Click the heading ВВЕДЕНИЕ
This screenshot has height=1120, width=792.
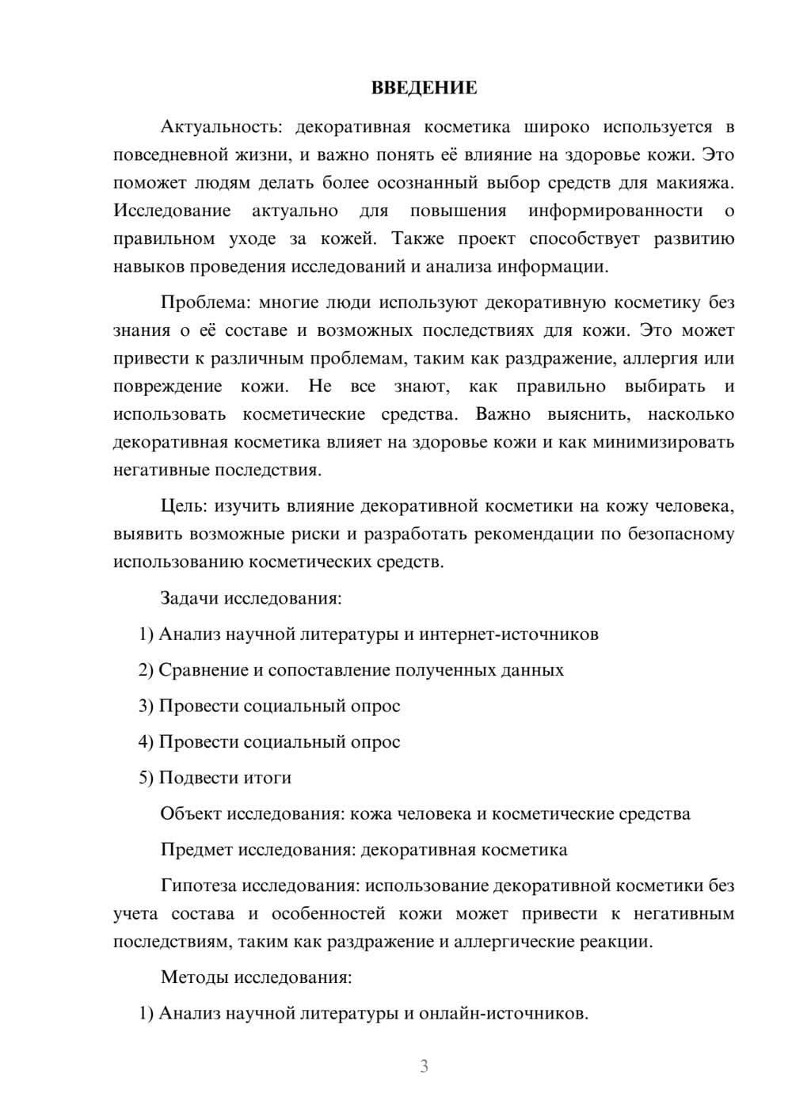point(424,88)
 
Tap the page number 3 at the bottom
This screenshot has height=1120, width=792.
point(424,1066)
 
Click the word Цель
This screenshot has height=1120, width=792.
point(183,505)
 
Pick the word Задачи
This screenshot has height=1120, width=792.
point(189,597)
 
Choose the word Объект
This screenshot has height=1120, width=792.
point(191,813)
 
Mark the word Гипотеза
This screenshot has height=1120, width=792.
point(198,886)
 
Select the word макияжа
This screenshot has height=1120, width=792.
point(695,183)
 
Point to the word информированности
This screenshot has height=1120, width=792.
point(615,211)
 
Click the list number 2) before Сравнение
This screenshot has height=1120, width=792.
point(146,670)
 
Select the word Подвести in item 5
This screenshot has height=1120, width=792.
point(193,778)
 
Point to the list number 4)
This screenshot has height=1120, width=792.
point(146,742)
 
